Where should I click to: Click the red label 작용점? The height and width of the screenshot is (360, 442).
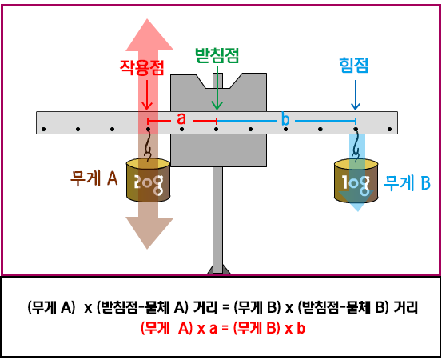pos(141,67)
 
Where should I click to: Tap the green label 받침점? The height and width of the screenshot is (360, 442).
pos(217,55)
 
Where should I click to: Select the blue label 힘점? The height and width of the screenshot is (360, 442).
pos(354,66)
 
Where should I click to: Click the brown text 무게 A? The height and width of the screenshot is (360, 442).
pos(94,178)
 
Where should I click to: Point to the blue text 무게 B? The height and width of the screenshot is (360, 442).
pos(408,183)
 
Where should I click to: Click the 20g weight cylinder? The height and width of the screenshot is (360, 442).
pos(148,180)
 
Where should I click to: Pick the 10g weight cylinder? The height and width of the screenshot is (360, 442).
pos(356,181)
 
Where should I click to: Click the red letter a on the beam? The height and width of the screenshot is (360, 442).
pos(181,118)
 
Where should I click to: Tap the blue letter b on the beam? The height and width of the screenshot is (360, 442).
pos(285,119)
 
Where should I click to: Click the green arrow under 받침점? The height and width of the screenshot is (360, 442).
pos(217,88)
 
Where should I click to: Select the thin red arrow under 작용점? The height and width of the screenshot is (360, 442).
pos(147,94)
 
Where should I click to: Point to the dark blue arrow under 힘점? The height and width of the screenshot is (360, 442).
pos(356,94)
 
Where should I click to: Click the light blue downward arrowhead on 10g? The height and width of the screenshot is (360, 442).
pos(356,201)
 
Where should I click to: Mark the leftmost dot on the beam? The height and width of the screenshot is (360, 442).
pos(43,130)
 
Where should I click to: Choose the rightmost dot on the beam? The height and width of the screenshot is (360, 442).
pos(389,130)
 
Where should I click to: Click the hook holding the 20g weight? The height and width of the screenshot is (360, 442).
pos(147,146)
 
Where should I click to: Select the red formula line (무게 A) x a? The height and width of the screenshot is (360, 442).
pos(223,329)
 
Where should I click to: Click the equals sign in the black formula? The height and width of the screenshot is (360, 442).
pos(225,307)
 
